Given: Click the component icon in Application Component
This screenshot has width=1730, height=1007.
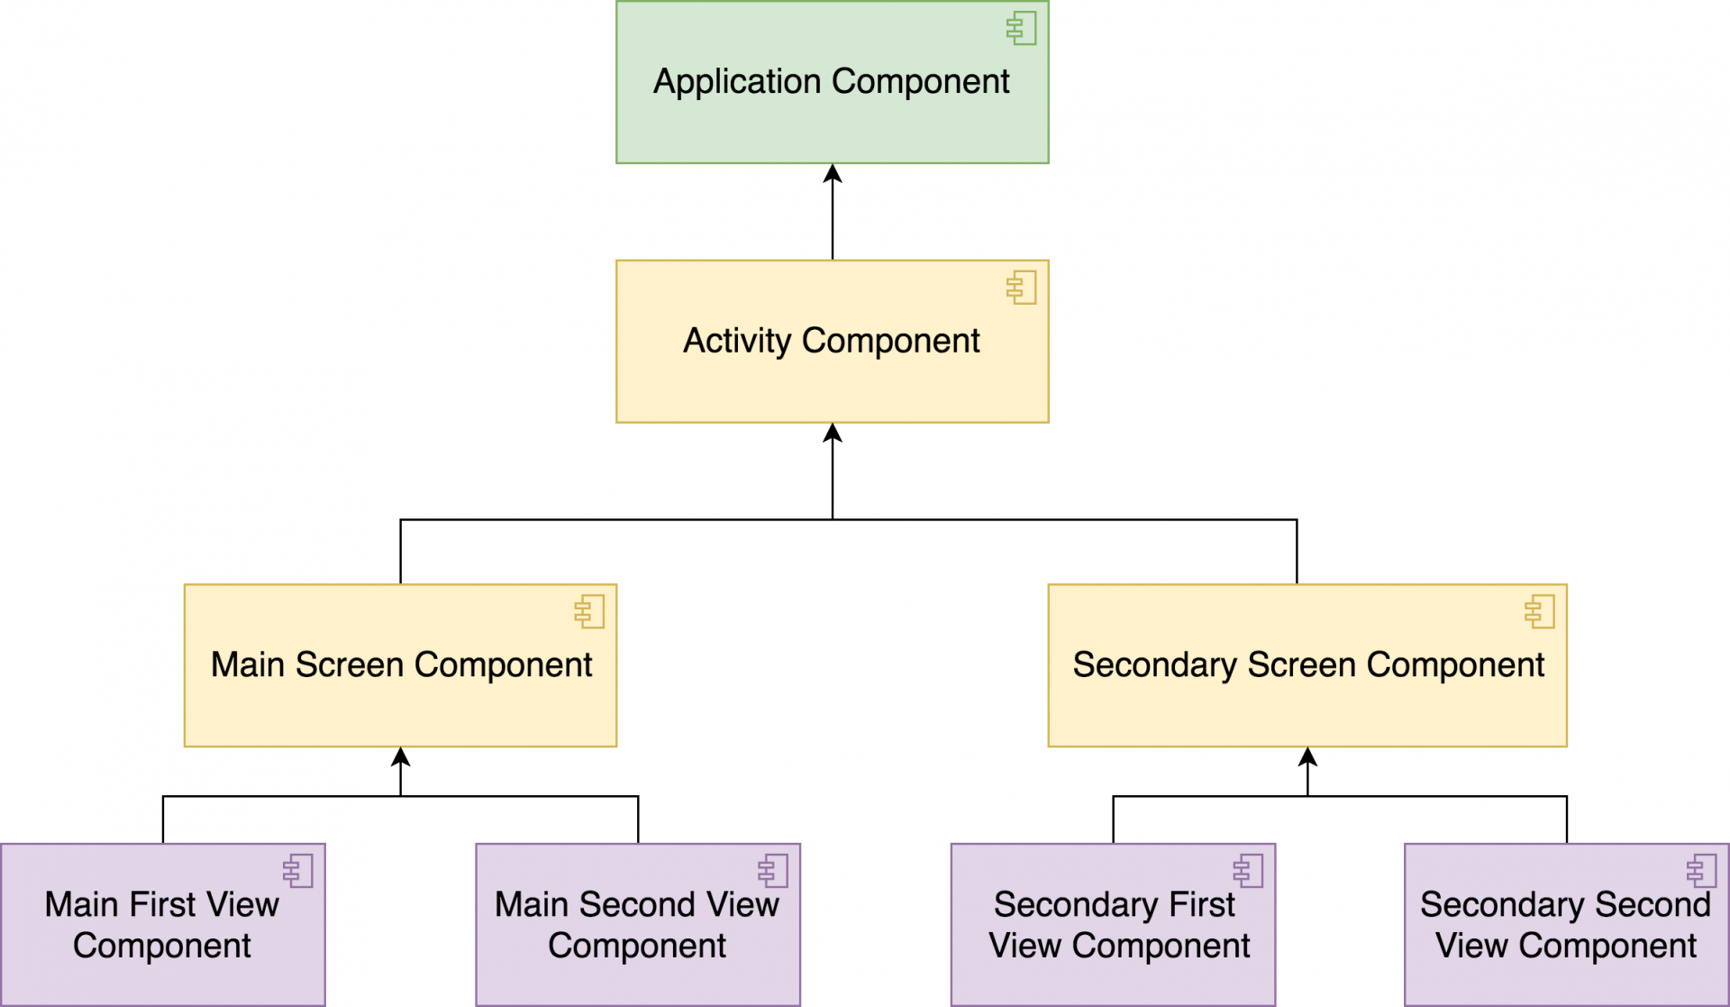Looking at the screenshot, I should tap(1022, 28).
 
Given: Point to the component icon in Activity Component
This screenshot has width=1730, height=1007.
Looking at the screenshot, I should tap(1022, 288).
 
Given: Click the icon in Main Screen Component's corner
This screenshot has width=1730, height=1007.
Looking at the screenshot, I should tap(589, 611).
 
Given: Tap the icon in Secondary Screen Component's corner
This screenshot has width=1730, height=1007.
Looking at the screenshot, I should tap(1540, 611).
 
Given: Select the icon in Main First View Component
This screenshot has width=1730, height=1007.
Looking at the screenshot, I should tap(298, 871).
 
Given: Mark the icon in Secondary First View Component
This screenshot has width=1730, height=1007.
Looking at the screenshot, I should tap(1249, 871).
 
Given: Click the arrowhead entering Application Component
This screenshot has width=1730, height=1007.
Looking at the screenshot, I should tap(833, 174).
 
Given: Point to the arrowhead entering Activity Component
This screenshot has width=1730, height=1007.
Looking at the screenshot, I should tap(833, 434).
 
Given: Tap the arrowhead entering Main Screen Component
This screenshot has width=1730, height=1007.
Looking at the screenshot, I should tap(401, 757).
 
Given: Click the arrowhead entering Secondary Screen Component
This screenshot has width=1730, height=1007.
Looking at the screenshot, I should tap(1307, 757).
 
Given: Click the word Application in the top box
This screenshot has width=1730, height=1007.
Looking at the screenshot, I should tap(736, 82).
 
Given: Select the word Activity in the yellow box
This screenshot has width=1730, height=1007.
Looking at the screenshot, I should tap(736, 341).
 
